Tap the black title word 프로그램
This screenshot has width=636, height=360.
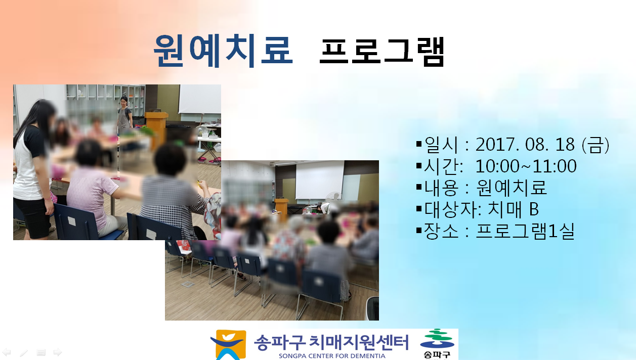pyautogui.click(x=382, y=52)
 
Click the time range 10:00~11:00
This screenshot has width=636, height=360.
pyautogui.click(x=526, y=166)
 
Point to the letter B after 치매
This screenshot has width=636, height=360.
pyautogui.click(x=534, y=209)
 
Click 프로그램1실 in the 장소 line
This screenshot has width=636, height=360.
pyautogui.click(x=525, y=231)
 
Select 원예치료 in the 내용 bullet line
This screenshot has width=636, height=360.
pyautogui.click(x=511, y=188)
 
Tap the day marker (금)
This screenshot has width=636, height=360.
pyautogui.click(x=596, y=145)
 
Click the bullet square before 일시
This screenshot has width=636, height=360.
pyautogui.click(x=419, y=144)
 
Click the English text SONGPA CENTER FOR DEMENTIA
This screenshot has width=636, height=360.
pyautogui.click(x=332, y=356)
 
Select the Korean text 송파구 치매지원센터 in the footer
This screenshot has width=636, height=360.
pyautogui.click(x=331, y=342)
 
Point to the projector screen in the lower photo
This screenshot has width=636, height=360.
pyautogui.click(x=320, y=179)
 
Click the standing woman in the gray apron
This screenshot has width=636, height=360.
pyautogui.click(x=124, y=113)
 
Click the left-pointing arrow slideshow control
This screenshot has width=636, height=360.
pyautogui.click(x=6, y=352)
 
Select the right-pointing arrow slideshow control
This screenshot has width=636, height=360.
pyautogui.click(x=58, y=352)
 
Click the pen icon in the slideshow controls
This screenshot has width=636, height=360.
pyautogui.click(x=24, y=352)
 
